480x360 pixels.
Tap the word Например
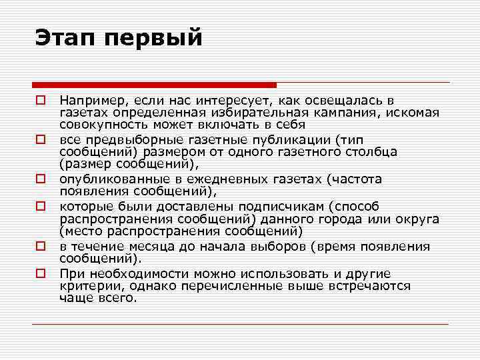(90, 100)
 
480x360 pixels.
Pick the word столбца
(373, 152)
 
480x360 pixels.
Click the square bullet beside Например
(41, 101)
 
